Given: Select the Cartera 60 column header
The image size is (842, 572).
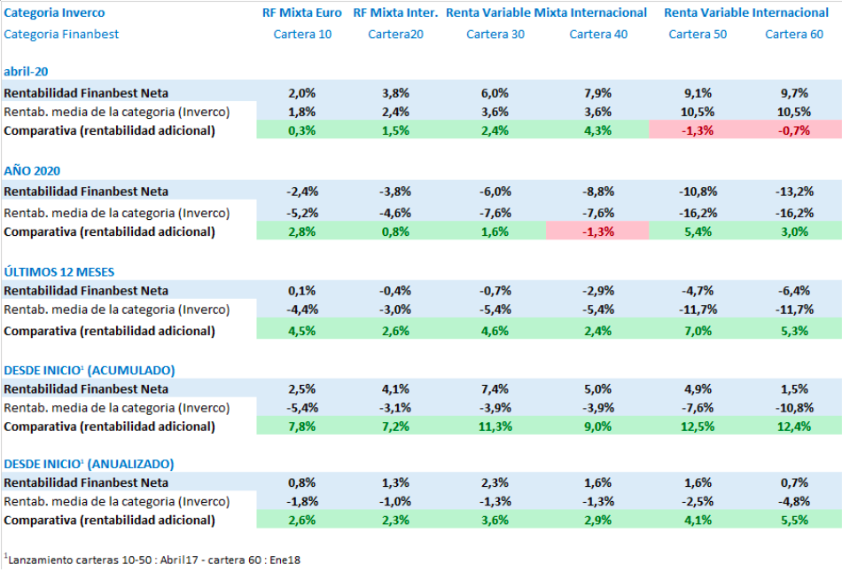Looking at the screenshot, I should pyautogui.click(x=793, y=35).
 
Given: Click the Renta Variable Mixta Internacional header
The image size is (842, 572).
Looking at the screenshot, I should pyautogui.click(x=546, y=13).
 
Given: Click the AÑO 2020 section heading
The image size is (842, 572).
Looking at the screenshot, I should pyautogui.click(x=32, y=170).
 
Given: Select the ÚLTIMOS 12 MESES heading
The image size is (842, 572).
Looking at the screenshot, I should pyautogui.click(x=58, y=271).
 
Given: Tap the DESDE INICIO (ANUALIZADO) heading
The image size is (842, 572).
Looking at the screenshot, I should pyautogui.click(x=89, y=464).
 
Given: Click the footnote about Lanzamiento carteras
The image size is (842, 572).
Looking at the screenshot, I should pyautogui.click(x=152, y=560).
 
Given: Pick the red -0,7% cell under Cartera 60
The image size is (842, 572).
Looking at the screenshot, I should pyautogui.click(x=793, y=130).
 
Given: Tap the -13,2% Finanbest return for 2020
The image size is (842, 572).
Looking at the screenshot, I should pyautogui.click(x=793, y=192).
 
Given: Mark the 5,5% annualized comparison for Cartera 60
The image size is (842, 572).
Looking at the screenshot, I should pyautogui.click(x=793, y=521).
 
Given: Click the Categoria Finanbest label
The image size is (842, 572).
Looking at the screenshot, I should pyautogui.click(x=61, y=35).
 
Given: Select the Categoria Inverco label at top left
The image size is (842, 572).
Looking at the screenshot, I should pyautogui.click(x=54, y=13).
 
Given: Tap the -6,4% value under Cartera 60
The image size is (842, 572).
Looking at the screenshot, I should pyautogui.click(x=793, y=290).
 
